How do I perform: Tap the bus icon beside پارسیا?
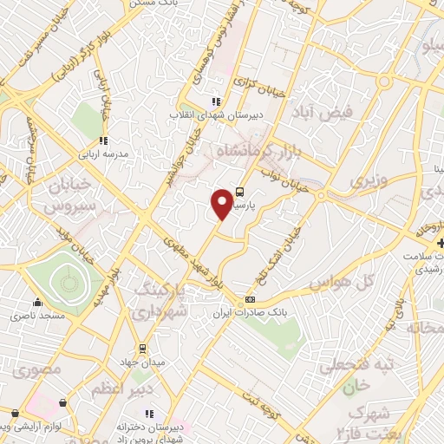click(240, 193)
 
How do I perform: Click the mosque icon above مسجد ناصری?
click(37, 304)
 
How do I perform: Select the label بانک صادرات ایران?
click(254, 311)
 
